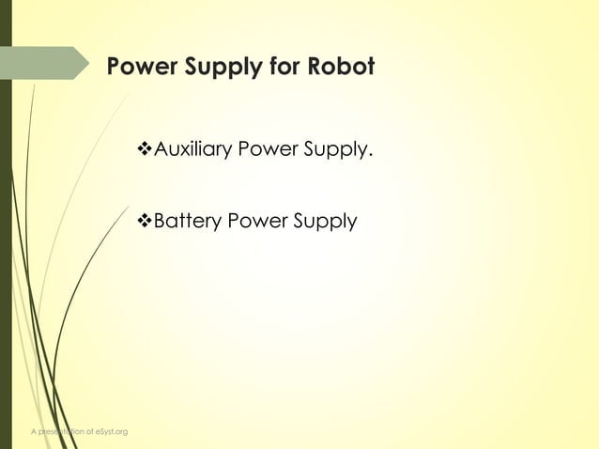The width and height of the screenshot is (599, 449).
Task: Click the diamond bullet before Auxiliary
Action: click(144, 149)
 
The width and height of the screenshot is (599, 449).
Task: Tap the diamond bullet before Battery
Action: click(144, 223)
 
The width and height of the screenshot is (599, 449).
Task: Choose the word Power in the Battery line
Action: click(258, 223)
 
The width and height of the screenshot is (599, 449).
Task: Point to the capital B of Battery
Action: click(159, 223)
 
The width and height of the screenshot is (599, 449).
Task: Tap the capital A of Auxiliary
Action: click(160, 149)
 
